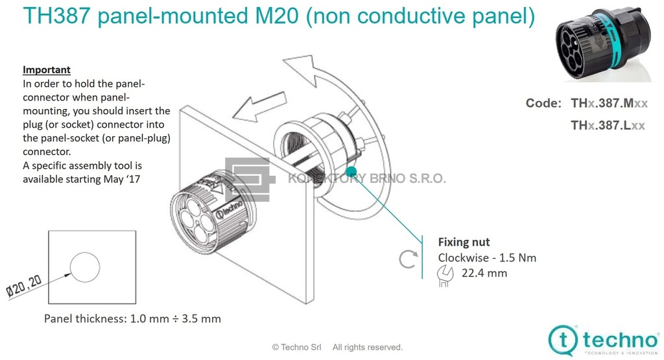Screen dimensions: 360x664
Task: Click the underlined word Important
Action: pyautogui.click(x=47, y=70)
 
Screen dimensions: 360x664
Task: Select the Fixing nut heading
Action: pyautogui.click(x=464, y=242)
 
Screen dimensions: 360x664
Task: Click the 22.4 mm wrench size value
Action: pyautogui.click(x=484, y=273)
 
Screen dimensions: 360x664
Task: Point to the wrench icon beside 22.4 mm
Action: pyautogui.click(x=445, y=275)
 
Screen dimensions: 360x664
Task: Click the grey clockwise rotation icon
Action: pyautogui.click(x=408, y=259)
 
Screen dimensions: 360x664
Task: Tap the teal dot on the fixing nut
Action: pyautogui.click(x=351, y=172)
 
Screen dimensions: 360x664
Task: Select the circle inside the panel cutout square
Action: pyautogui.click(x=85, y=267)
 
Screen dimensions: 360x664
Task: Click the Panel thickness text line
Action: pyautogui.click(x=132, y=318)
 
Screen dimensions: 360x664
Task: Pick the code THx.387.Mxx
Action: pyautogui.click(x=609, y=103)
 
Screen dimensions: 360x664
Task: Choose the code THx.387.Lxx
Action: pyautogui.click(x=608, y=125)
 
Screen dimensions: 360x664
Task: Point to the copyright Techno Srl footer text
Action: pyautogui.click(x=337, y=347)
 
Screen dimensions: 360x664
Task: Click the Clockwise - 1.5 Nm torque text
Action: pyautogui.click(x=487, y=258)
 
